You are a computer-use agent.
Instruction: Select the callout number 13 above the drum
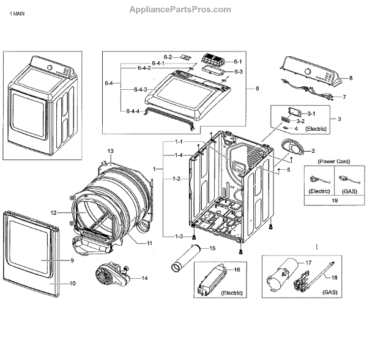click(x=111, y=151)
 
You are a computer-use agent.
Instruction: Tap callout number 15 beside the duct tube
click(x=213, y=248)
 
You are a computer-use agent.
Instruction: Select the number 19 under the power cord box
click(x=334, y=200)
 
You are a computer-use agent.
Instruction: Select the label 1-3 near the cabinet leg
click(x=179, y=237)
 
